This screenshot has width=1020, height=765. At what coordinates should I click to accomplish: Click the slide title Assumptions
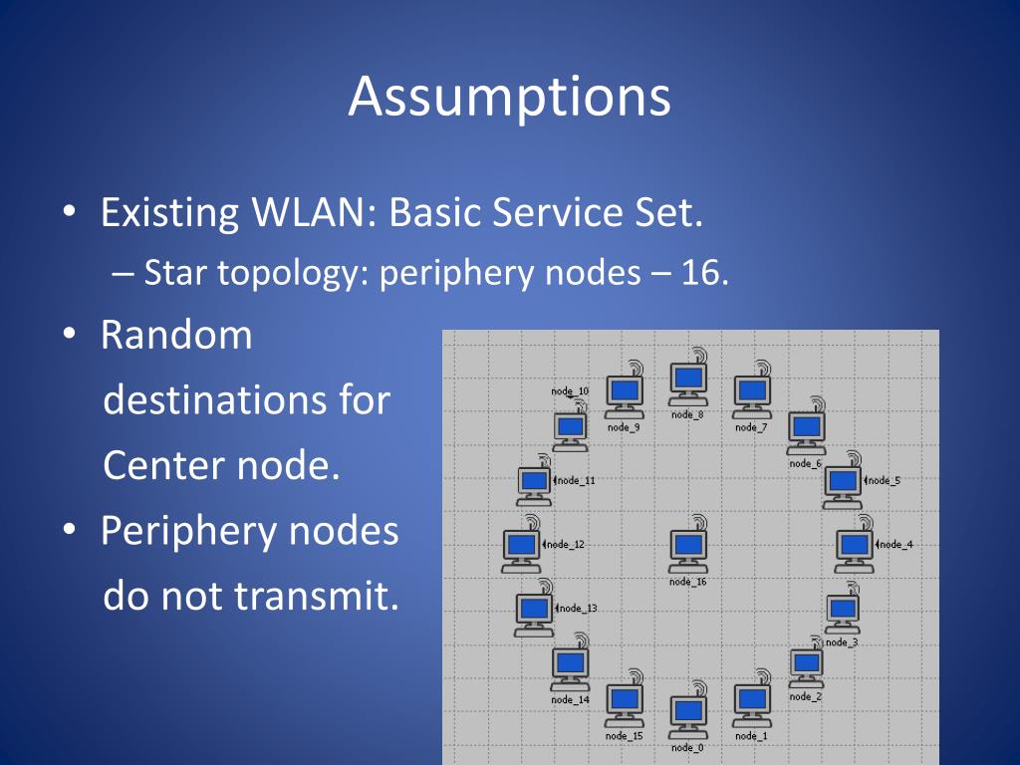tap(509, 98)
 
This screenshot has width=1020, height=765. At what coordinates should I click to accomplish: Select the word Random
tap(176, 335)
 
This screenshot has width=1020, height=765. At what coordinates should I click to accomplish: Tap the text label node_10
tap(570, 391)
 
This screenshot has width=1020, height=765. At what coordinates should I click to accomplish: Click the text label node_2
tap(806, 696)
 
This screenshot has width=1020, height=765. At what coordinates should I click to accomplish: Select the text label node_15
tap(624, 736)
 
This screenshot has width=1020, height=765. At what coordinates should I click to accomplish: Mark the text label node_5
tap(884, 480)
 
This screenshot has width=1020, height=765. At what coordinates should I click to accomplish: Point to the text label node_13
tap(577, 608)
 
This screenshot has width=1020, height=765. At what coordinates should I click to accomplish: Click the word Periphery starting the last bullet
tap(190, 531)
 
